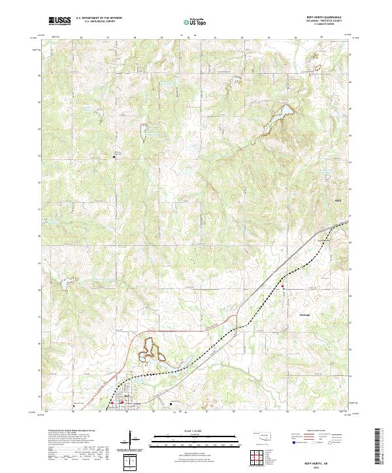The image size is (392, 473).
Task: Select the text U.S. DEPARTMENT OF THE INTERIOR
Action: pyautogui.click(x=99, y=19)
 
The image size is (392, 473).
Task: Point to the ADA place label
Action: pyautogui.click(x=338, y=201)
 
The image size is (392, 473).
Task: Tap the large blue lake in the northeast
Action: pyautogui.click(x=278, y=118)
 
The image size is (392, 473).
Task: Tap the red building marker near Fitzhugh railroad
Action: pyautogui.click(x=282, y=286)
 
